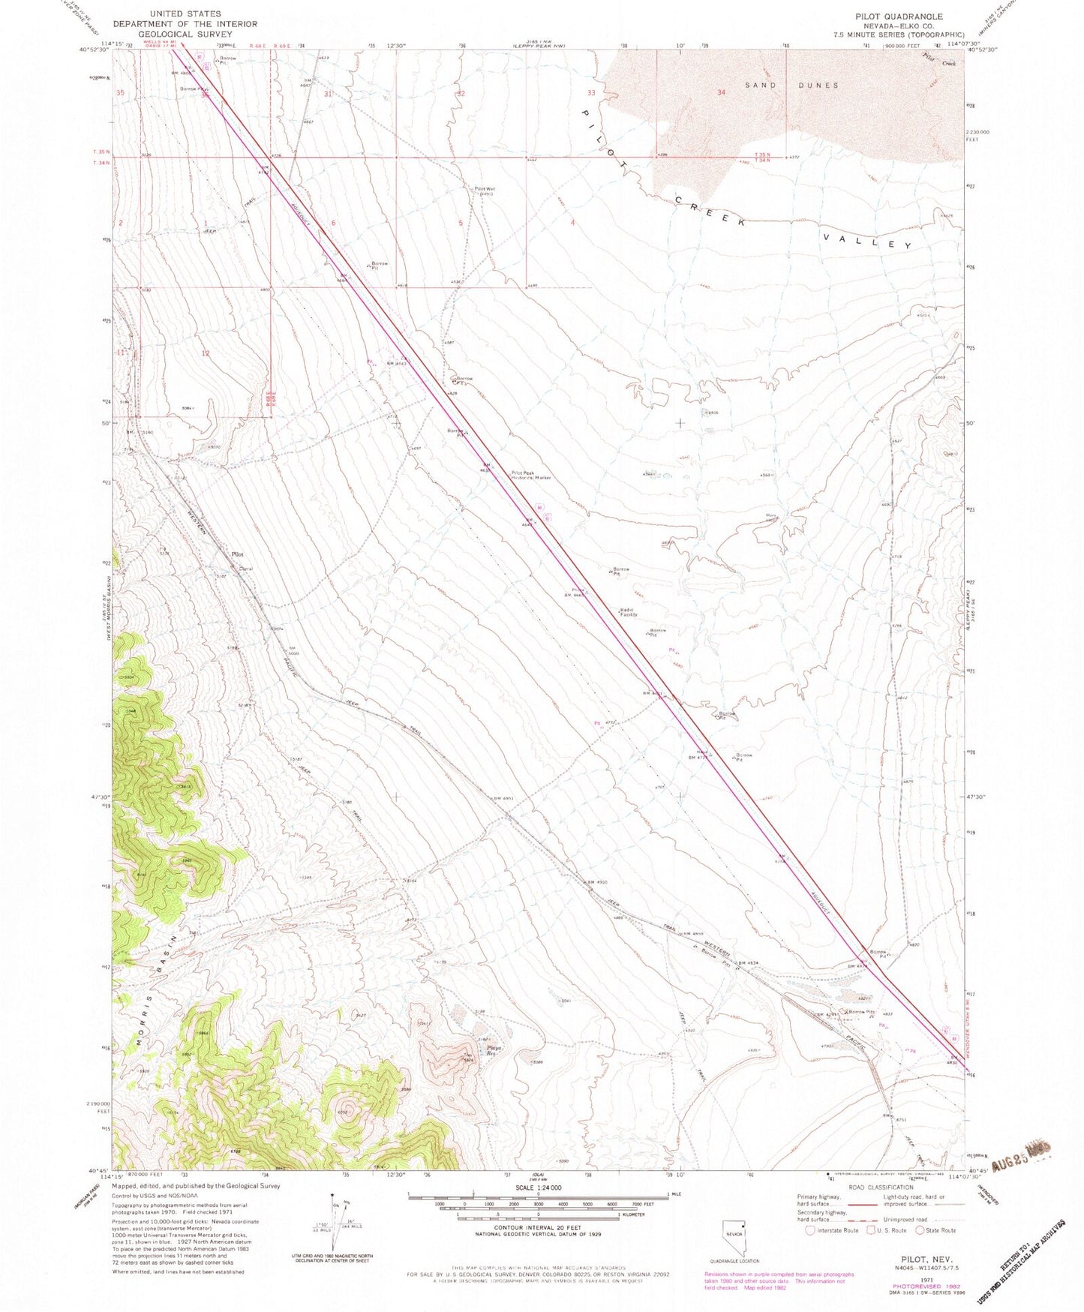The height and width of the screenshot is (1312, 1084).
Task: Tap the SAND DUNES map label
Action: tap(791, 86)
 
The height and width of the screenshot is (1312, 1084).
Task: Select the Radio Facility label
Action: tap(628, 612)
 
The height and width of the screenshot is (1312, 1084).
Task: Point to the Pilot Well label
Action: tap(483, 191)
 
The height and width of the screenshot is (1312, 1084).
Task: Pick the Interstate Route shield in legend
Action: tap(810, 1230)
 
